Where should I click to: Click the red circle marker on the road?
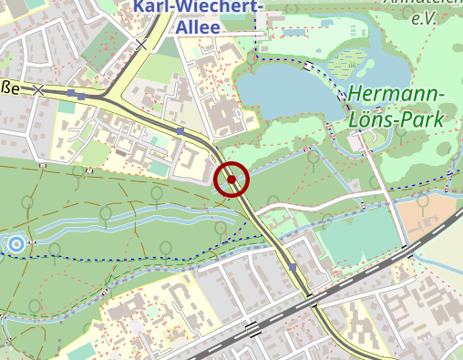tap(231, 180)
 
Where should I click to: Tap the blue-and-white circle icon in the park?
tap(15, 243)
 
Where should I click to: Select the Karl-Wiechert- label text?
tap(199, 7)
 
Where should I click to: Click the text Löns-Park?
tap(396, 118)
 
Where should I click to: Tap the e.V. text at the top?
tap(423, 17)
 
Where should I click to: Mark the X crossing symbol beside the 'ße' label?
tap(38, 89)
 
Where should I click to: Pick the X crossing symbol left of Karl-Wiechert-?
tap(140, 43)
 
